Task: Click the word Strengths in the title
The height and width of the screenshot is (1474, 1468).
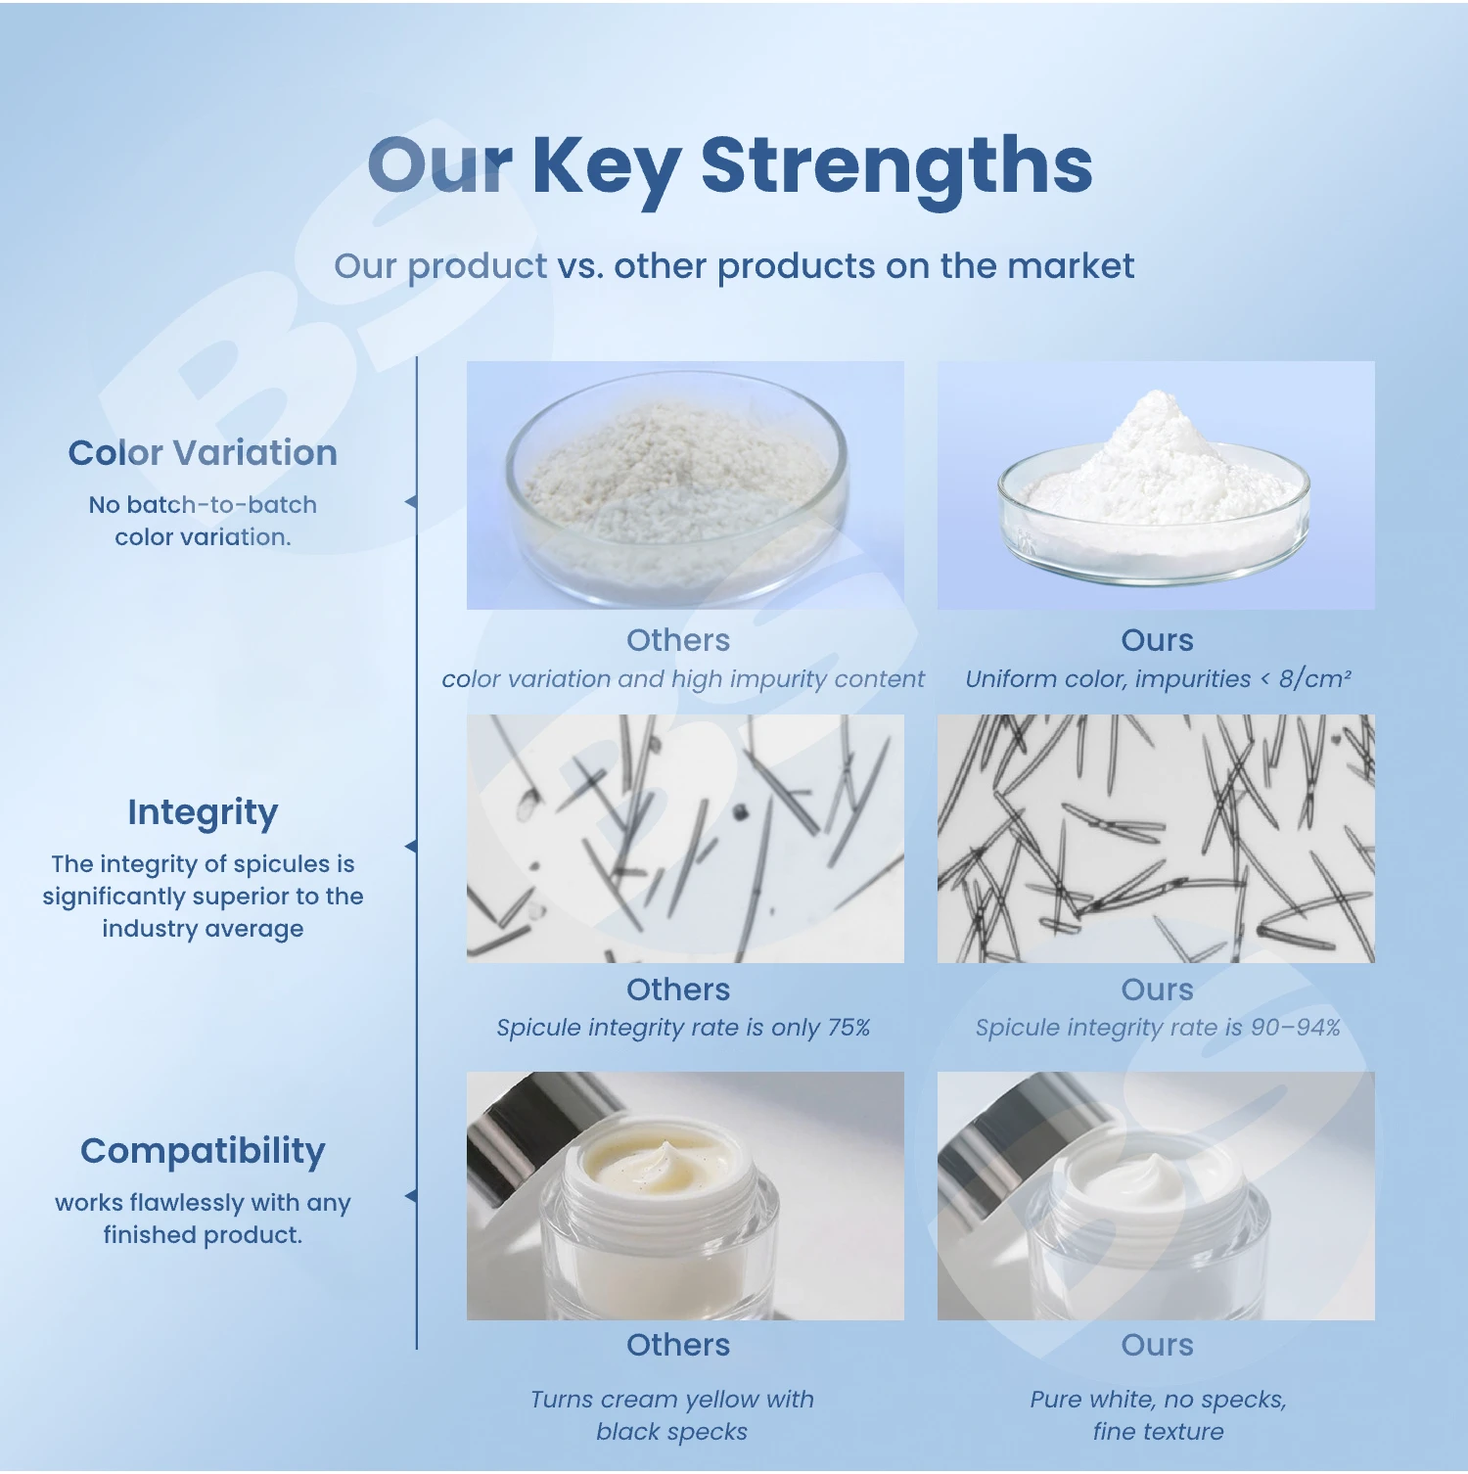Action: coord(896,165)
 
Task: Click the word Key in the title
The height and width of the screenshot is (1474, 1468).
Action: coord(606,169)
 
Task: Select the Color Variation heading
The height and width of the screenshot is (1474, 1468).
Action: coord(203,452)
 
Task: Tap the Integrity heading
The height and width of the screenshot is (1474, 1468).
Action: coord(203,813)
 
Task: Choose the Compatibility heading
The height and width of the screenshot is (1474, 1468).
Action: coord(203,1152)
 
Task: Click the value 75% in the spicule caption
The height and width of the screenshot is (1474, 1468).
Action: coord(849,1028)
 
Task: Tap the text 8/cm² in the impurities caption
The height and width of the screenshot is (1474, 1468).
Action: coord(1314,678)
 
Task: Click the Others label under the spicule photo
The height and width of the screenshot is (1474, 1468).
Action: coord(678,990)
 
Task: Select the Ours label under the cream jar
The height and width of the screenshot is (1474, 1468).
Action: coord(1157,1345)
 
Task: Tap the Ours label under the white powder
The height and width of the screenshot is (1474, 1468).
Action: coord(1157,640)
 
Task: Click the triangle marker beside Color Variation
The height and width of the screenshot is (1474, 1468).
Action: coord(411,502)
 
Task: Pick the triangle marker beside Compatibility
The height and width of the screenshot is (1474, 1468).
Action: coord(411,1196)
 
